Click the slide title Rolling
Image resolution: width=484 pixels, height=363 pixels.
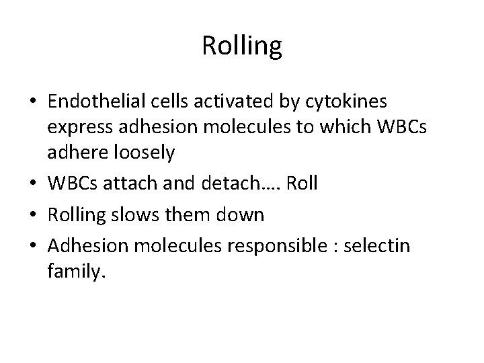[x=241, y=46]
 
